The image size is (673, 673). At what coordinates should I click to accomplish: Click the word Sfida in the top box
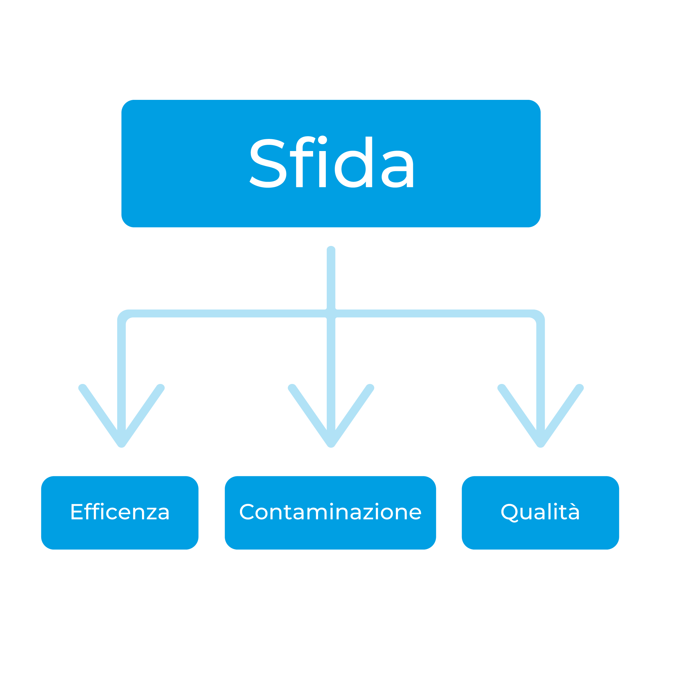coord(332,163)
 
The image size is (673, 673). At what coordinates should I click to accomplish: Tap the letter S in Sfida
coord(268,163)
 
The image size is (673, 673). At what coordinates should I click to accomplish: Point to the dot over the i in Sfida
coord(323,140)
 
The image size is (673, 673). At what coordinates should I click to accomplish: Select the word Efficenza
coord(120,512)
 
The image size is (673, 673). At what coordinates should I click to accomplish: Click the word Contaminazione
coord(330,512)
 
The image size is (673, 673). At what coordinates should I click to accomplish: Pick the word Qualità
coord(540,512)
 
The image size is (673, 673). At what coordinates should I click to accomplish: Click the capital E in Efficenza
coord(76,512)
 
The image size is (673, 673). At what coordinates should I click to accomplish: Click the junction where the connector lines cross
coord(331,314)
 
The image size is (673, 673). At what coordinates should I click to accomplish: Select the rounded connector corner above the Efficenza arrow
coord(124,316)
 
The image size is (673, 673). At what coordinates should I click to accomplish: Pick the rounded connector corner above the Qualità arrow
coord(538,316)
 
